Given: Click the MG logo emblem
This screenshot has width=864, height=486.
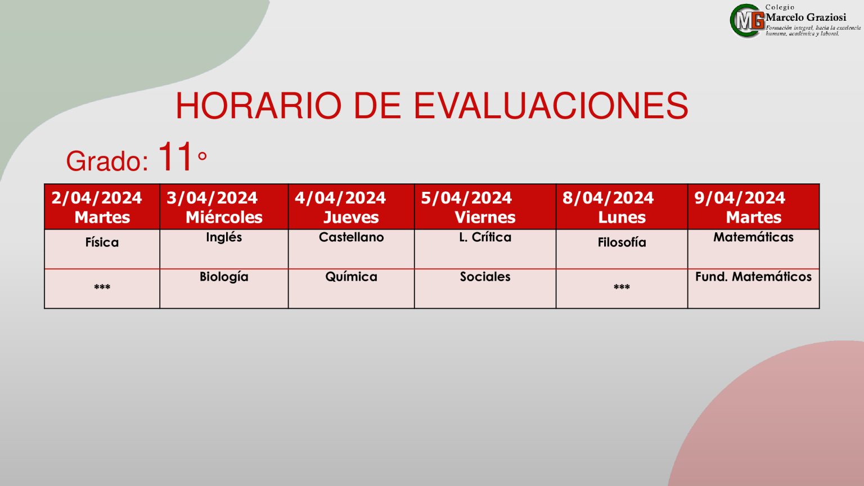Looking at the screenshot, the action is pyautogui.click(x=747, y=21).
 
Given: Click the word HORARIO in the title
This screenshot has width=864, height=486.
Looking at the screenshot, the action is pyautogui.click(x=259, y=106).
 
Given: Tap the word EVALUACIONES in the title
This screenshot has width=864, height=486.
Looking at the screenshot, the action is pyautogui.click(x=551, y=106).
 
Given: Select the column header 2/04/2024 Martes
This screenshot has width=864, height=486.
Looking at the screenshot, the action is pyautogui.click(x=102, y=207).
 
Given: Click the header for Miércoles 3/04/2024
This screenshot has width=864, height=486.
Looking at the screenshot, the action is pyautogui.click(x=224, y=207).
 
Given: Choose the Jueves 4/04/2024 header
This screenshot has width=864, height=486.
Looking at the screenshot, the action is pyautogui.click(x=352, y=207).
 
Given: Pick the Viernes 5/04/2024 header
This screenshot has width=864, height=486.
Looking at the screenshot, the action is pyautogui.click(x=485, y=207).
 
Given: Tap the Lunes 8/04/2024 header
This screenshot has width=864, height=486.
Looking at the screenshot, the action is pyautogui.click(x=622, y=207).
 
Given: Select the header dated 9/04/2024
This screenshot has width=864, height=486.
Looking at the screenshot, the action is pyautogui.click(x=753, y=207).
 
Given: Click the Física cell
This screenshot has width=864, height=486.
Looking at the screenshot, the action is pyautogui.click(x=102, y=249).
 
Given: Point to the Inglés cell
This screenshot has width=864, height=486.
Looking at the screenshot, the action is pyautogui.click(x=224, y=249).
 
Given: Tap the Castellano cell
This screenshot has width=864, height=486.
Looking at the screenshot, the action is pyautogui.click(x=352, y=249).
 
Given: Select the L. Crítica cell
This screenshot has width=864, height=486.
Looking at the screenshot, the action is pyautogui.click(x=485, y=249).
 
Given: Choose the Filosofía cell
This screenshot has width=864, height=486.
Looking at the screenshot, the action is pyautogui.click(x=622, y=249).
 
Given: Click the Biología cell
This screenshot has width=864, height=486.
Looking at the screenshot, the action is pyautogui.click(x=224, y=289).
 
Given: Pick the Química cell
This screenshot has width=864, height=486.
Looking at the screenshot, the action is pyautogui.click(x=352, y=289).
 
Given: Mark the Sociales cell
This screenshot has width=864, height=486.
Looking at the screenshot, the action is pyautogui.click(x=485, y=289).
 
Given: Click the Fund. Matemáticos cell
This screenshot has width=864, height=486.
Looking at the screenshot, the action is pyautogui.click(x=753, y=289).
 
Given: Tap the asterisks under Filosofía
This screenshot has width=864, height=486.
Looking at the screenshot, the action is pyautogui.click(x=622, y=287).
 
